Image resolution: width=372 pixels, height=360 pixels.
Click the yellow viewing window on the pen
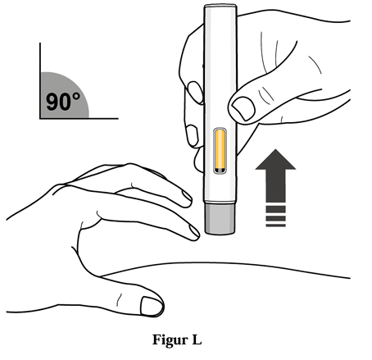(x=220, y=151)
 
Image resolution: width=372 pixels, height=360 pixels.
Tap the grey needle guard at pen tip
(x=220, y=219)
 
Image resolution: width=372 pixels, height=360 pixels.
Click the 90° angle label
(x=63, y=102)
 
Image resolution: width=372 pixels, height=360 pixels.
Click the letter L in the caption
(x=197, y=339)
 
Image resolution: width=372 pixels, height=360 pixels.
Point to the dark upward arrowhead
(x=275, y=159)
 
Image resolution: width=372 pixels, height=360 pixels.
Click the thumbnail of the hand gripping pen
(x=243, y=108)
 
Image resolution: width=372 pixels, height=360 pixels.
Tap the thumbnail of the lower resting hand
(x=152, y=307)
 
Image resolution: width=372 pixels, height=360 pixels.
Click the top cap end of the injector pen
(x=220, y=6)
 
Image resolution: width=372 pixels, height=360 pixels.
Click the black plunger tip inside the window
(x=220, y=171)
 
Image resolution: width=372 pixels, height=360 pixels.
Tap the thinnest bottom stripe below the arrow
(x=275, y=226)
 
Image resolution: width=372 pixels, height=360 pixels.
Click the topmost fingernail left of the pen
(x=195, y=92)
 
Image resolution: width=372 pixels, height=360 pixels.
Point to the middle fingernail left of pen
(x=193, y=135)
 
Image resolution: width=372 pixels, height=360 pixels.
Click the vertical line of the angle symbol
(x=40, y=80)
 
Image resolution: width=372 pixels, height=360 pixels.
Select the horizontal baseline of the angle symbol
(x=79, y=118)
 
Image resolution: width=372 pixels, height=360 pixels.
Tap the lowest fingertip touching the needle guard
(x=194, y=232)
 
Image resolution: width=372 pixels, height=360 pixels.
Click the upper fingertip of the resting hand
(x=187, y=199)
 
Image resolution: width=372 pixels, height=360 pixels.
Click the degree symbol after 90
(x=76, y=97)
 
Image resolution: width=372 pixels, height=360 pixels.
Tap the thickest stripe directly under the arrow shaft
(x=275, y=209)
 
